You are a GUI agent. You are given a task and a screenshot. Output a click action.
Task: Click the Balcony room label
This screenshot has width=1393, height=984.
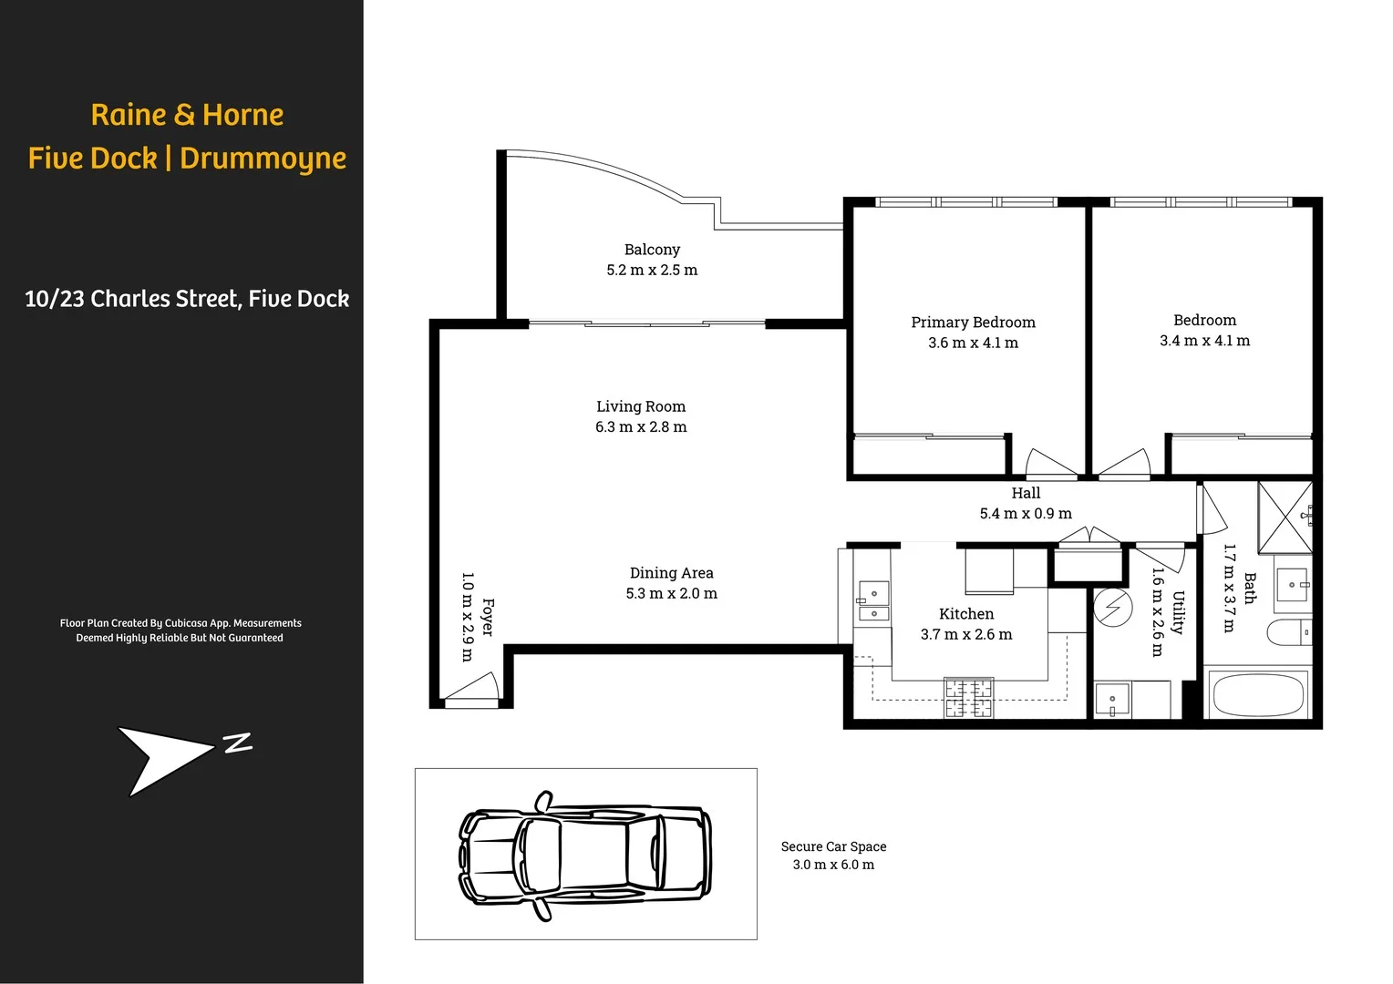[652, 250]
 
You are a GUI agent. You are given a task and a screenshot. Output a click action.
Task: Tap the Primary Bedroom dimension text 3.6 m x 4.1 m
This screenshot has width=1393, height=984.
[973, 343]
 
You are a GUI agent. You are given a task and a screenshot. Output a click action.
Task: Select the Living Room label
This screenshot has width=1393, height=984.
[641, 406]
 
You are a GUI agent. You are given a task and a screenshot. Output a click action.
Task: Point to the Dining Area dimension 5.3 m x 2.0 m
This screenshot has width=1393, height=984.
[671, 594]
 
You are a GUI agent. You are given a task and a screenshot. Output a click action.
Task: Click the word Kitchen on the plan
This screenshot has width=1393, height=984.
[966, 614]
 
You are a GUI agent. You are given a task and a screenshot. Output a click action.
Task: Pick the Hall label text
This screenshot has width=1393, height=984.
[1026, 493]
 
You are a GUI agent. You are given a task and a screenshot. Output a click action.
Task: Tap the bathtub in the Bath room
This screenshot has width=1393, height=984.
[1258, 694]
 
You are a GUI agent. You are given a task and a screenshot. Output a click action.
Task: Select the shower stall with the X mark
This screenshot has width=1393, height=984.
[1285, 517]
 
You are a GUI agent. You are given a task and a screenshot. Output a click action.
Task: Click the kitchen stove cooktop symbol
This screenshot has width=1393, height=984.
[968, 698]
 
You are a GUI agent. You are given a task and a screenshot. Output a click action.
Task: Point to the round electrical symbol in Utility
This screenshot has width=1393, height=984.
[1112, 608]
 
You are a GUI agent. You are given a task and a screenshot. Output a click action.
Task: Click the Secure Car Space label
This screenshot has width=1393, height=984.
[833, 846]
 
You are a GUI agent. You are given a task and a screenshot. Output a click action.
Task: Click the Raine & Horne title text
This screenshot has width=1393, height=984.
[187, 115]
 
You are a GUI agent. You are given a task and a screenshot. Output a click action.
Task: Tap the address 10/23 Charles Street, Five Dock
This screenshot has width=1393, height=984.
[187, 299]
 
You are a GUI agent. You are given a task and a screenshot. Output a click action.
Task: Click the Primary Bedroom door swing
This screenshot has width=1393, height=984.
[1051, 464]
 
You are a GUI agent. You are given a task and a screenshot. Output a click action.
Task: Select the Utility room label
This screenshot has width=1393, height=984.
[1178, 612]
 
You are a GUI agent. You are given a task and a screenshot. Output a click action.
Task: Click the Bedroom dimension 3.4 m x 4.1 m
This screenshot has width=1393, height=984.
[1204, 341]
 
